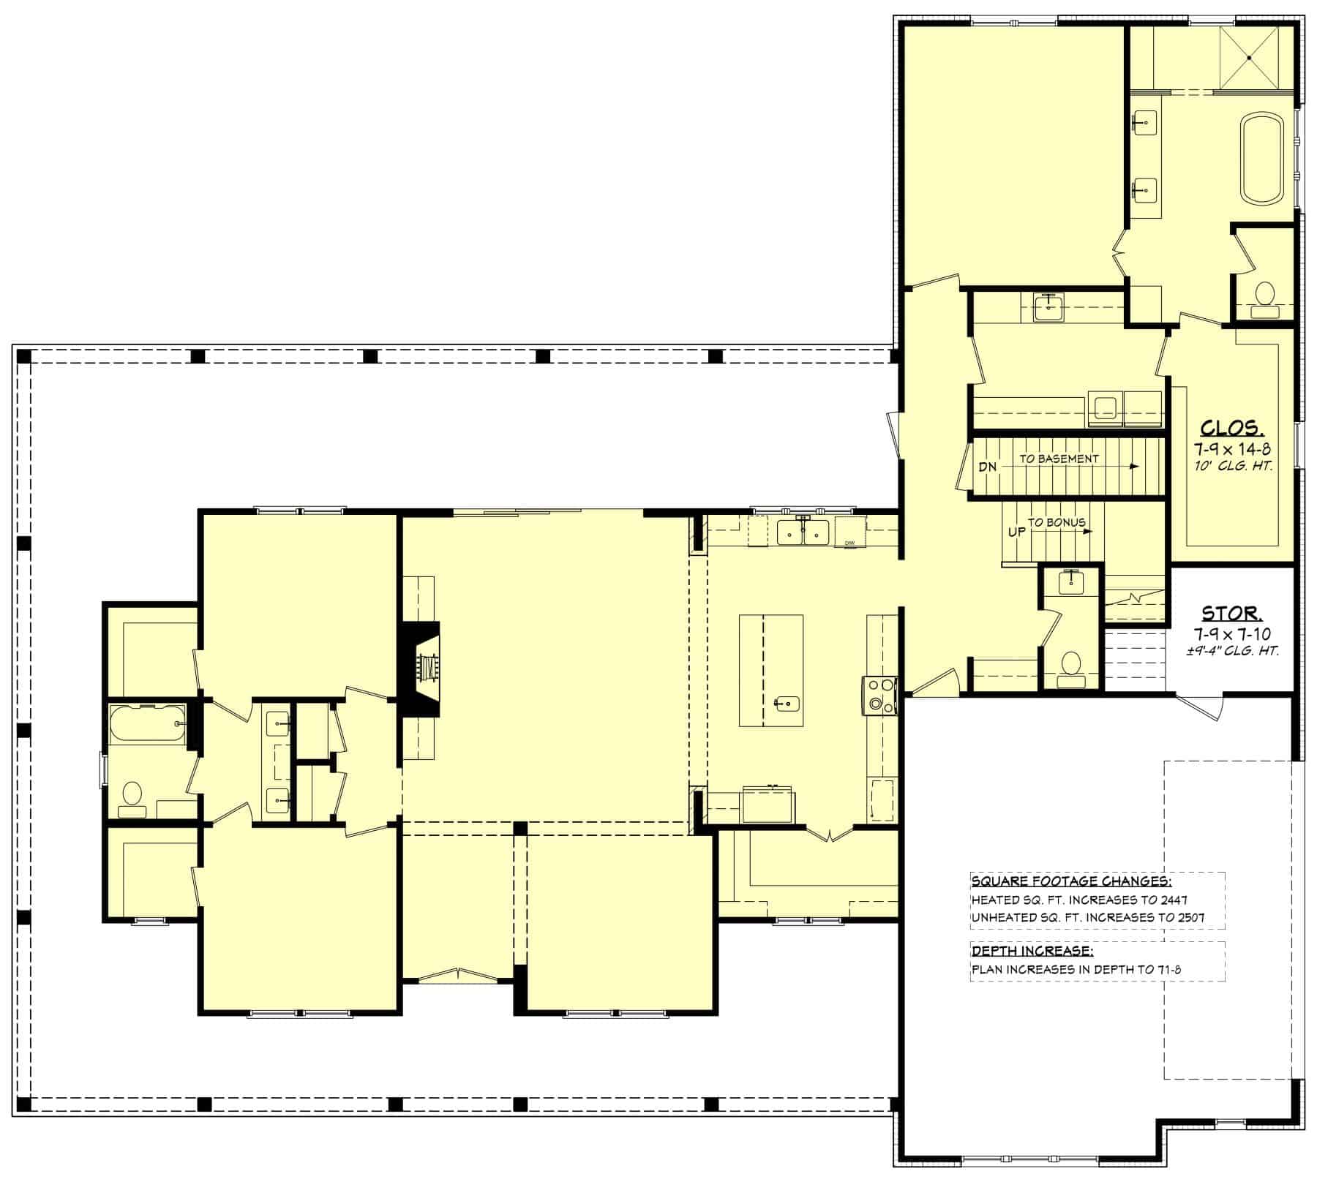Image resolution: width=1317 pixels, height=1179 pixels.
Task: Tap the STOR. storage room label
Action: [x=1232, y=611]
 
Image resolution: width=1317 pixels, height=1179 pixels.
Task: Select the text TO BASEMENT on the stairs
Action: [x=1059, y=459]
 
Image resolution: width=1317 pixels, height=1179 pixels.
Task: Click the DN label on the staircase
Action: [x=988, y=467]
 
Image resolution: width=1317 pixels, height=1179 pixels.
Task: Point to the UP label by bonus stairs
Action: [x=1016, y=532]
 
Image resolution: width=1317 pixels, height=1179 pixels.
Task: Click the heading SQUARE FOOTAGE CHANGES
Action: [x=1071, y=880]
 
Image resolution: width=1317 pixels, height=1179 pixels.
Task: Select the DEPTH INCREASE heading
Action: [x=1032, y=951]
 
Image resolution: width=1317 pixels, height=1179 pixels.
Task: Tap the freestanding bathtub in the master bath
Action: [x=1261, y=158]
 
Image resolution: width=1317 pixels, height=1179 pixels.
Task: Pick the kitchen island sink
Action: [x=787, y=704]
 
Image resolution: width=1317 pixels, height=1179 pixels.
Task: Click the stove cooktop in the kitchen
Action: [x=880, y=695]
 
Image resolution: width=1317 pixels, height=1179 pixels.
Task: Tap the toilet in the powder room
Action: [x=1071, y=664]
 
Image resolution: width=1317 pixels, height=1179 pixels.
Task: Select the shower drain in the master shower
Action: [x=1249, y=57]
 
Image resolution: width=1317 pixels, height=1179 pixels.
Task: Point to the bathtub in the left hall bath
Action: [x=146, y=723]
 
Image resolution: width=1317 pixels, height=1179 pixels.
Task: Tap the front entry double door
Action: [x=457, y=975]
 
